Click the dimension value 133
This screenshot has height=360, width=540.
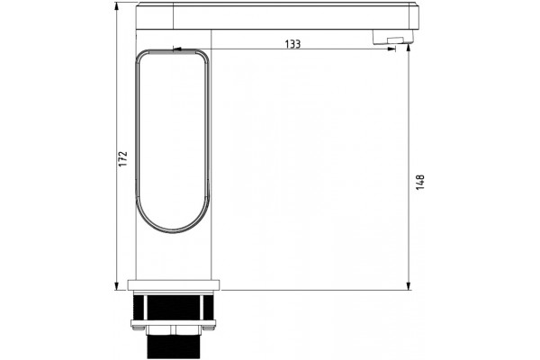(292, 44)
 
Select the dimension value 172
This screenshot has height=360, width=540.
(123, 158)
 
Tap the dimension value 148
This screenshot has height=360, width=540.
(420, 183)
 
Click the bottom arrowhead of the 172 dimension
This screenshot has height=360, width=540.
(116, 286)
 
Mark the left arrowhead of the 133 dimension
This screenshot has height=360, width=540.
(177, 49)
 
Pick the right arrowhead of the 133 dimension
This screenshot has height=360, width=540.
(391, 49)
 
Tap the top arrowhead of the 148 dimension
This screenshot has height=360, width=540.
(409, 49)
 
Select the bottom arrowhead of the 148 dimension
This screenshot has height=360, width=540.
(409, 286)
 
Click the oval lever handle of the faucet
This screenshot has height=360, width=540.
(138, 138)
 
